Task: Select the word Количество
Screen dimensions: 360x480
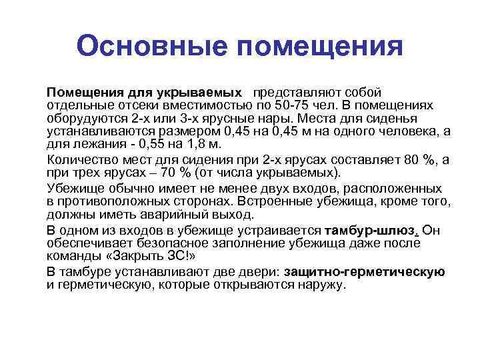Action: pos(79,158)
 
